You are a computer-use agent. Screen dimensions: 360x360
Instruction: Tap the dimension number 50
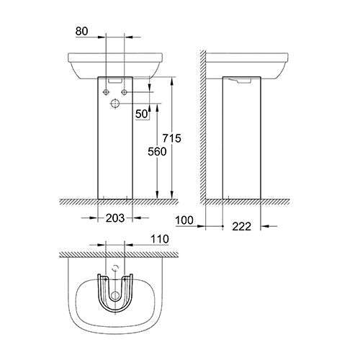click(x=142, y=114)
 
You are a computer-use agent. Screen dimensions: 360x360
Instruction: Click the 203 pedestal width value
click(x=115, y=217)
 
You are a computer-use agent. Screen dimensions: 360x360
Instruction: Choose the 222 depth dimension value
click(x=242, y=228)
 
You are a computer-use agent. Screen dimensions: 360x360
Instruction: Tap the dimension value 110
click(x=159, y=239)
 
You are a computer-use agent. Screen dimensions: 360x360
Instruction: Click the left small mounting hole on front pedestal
click(x=107, y=92)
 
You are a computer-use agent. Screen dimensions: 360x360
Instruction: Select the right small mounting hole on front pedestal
click(x=124, y=92)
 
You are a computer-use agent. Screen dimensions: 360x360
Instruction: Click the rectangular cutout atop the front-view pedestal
click(x=115, y=82)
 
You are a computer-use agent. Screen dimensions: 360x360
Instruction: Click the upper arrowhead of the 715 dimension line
click(x=173, y=79)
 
